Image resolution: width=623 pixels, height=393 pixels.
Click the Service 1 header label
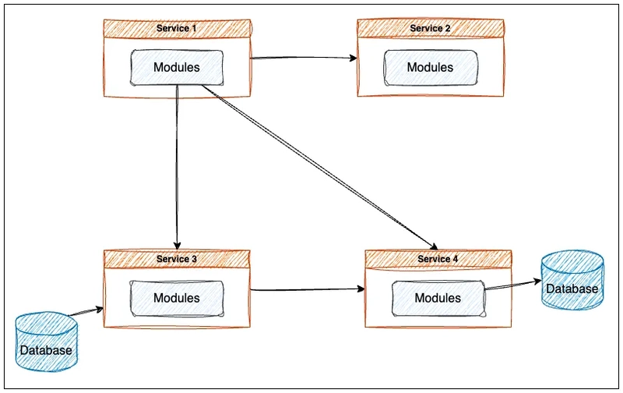177,28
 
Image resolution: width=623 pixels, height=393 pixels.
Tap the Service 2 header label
430,28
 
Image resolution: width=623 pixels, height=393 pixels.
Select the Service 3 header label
177,259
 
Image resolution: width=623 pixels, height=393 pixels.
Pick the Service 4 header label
438,259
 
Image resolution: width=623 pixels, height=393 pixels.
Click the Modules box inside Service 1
177,67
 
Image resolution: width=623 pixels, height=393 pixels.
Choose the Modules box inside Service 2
431,67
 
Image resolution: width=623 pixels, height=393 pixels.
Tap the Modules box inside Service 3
177,299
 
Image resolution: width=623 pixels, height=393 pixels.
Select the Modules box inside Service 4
438,299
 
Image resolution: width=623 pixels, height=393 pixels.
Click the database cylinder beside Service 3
47,342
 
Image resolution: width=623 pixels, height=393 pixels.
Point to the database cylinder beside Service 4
572,280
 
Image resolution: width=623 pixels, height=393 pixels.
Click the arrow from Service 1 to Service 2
304,58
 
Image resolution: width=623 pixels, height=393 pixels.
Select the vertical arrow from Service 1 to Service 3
177,167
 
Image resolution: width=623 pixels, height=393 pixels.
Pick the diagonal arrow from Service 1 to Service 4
320,168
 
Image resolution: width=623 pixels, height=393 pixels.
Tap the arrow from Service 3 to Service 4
308,289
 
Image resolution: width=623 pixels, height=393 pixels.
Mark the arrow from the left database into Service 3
86,312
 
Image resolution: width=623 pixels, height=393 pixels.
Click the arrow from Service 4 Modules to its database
514,285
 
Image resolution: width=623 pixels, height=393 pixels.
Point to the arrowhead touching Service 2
354,58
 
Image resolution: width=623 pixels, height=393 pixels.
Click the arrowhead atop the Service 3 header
178,246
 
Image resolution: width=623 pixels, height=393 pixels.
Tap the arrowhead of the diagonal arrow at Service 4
434,246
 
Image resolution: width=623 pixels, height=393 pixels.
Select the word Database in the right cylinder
572,289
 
